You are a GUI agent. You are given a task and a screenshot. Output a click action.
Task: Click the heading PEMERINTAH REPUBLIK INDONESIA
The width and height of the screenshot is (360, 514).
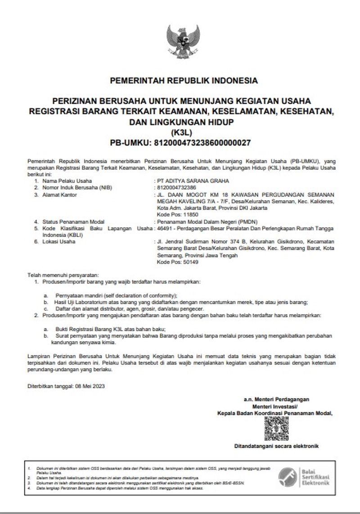pyautogui.click(x=184, y=81)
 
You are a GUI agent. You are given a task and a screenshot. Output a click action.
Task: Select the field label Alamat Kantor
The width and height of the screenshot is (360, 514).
pyautogui.click(x=59, y=194)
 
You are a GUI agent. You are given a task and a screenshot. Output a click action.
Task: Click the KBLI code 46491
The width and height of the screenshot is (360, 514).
pyautogui.click(x=162, y=229)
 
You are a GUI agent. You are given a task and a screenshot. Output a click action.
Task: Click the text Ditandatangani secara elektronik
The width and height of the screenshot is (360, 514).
pyautogui.click(x=276, y=446)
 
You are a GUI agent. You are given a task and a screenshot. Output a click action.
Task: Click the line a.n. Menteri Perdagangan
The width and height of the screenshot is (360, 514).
pyautogui.click(x=276, y=399)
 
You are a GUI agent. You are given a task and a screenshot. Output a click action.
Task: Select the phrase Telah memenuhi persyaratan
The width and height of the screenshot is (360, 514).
pyautogui.click(x=63, y=275)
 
